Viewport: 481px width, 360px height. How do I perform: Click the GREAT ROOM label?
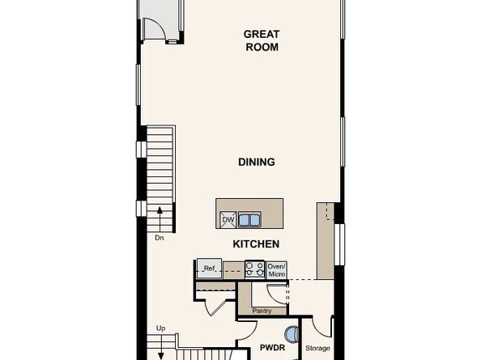click(262, 40)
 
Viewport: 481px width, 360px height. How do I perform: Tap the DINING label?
click(256, 162)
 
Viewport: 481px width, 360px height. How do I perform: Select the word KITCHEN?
click(256, 244)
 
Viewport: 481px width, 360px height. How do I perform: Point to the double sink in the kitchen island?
click(249, 219)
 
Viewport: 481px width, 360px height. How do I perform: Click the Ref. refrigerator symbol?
click(209, 269)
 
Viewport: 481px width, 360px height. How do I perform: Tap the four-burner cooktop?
click(254, 269)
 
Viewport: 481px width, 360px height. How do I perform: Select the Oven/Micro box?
click(277, 269)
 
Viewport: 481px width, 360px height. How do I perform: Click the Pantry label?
click(262, 311)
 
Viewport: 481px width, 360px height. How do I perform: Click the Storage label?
click(318, 349)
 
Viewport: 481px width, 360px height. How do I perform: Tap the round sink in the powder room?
click(291, 333)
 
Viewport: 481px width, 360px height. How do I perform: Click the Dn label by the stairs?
click(160, 239)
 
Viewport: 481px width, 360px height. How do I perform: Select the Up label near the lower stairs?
click(160, 328)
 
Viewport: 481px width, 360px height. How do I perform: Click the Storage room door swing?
click(322, 327)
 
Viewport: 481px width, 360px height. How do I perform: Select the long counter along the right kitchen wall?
click(326, 240)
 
